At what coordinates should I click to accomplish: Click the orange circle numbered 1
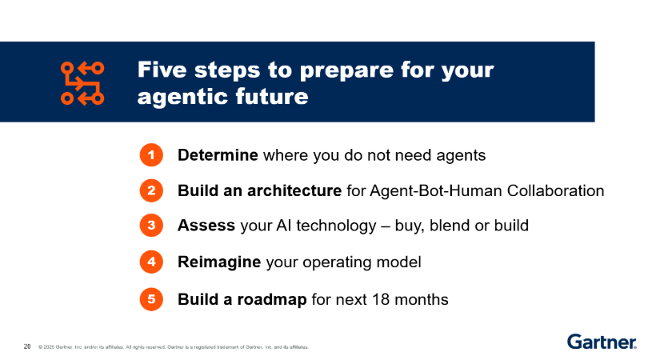click(151, 155)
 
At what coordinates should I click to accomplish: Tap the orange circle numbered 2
click(151, 190)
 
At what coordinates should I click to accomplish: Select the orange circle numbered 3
click(151, 226)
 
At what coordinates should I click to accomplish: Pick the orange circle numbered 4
click(151, 262)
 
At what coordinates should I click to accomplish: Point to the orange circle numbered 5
click(151, 299)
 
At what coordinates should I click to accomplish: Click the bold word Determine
click(218, 155)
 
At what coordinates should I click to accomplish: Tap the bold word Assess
click(206, 226)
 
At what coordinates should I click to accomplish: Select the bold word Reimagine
click(219, 262)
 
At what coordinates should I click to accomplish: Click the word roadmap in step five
click(272, 299)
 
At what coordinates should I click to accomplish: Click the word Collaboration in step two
click(556, 190)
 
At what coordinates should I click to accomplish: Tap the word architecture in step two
click(294, 190)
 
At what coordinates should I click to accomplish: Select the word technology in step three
click(336, 226)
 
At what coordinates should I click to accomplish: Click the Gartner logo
click(602, 342)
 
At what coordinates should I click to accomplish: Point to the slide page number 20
click(27, 346)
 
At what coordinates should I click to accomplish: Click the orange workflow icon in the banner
click(82, 83)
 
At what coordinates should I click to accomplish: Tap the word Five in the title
click(162, 70)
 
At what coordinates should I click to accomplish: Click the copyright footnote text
click(174, 347)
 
